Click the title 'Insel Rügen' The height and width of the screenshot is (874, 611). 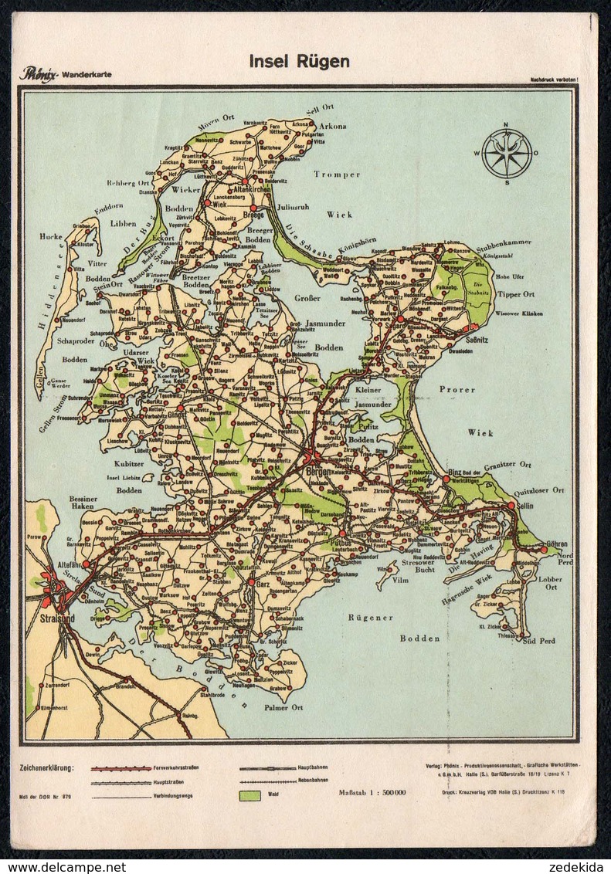299,62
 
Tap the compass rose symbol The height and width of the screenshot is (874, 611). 507,154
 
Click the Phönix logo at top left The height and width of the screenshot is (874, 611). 36,75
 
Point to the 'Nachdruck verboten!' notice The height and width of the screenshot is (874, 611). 554,80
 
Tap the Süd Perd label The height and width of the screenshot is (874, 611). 539,641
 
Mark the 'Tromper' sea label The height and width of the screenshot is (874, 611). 337,174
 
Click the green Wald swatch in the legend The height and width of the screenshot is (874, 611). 249,795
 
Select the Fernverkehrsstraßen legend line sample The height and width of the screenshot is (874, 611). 121,769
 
